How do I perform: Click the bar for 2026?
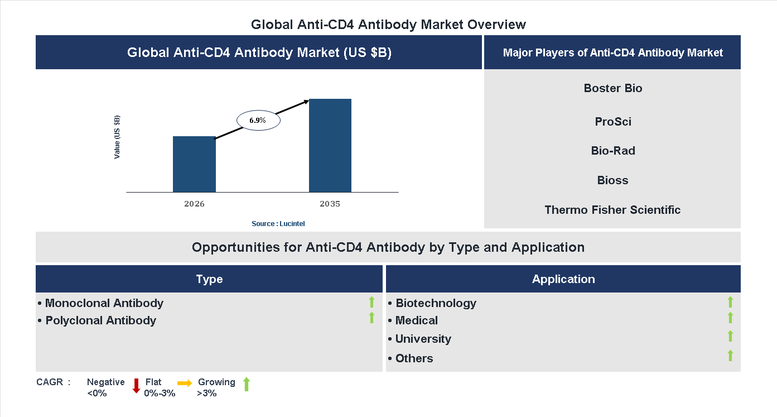[x=194, y=164]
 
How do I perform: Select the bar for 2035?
[x=330, y=146]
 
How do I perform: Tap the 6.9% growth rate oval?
[x=258, y=120]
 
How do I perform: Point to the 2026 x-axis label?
[x=194, y=204]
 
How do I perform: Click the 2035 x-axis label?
[x=330, y=204]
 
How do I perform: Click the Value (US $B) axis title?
[x=117, y=137]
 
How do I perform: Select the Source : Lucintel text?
[x=278, y=223]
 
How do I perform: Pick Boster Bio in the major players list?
[x=613, y=88]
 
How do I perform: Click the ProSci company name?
[x=613, y=122]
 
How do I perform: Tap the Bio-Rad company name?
[x=613, y=151]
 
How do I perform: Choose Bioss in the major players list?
[x=613, y=180]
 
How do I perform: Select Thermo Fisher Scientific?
[x=613, y=210]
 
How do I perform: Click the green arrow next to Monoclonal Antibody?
[x=371, y=303]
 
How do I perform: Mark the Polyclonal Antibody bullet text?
[x=100, y=320]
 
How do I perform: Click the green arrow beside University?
[x=730, y=336]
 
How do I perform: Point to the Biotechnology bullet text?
[x=436, y=303]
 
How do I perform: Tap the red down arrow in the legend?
[x=136, y=386]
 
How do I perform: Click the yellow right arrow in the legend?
[x=185, y=383]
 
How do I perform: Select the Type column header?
[x=209, y=279]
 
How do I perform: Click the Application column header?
[x=563, y=279]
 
